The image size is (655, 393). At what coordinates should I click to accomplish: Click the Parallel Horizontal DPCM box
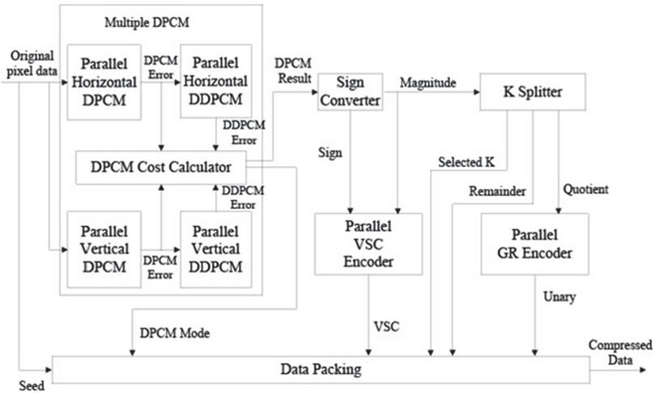(x=104, y=82)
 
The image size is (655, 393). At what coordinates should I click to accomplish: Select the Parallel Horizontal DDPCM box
(x=216, y=81)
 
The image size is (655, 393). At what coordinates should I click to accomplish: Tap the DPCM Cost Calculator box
(x=161, y=167)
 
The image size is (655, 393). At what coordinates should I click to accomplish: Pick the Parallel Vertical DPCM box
(x=104, y=250)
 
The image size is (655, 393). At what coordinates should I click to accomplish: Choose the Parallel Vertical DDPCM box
(x=216, y=250)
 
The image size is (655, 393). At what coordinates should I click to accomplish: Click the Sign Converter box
(x=350, y=92)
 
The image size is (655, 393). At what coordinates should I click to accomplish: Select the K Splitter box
(x=533, y=92)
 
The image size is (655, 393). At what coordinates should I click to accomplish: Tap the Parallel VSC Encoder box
(x=368, y=244)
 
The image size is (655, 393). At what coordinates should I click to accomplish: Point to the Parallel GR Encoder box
(x=534, y=244)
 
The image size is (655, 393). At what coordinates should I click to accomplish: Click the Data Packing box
(x=321, y=370)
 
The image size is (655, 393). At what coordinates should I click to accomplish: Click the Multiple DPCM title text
(x=147, y=22)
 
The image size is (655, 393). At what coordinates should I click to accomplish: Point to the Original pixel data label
(x=32, y=63)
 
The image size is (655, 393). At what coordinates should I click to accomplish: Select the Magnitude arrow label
(x=427, y=83)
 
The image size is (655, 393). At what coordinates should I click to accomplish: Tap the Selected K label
(x=466, y=162)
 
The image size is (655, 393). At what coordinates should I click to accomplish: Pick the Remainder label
(x=497, y=191)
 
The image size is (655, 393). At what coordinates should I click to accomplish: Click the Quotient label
(x=585, y=190)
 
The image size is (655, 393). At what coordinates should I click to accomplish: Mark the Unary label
(x=559, y=297)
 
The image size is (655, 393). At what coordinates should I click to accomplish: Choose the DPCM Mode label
(x=175, y=333)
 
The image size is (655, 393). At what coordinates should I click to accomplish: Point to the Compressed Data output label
(x=620, y=352)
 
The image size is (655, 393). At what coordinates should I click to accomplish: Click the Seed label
(x=32, y=386)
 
